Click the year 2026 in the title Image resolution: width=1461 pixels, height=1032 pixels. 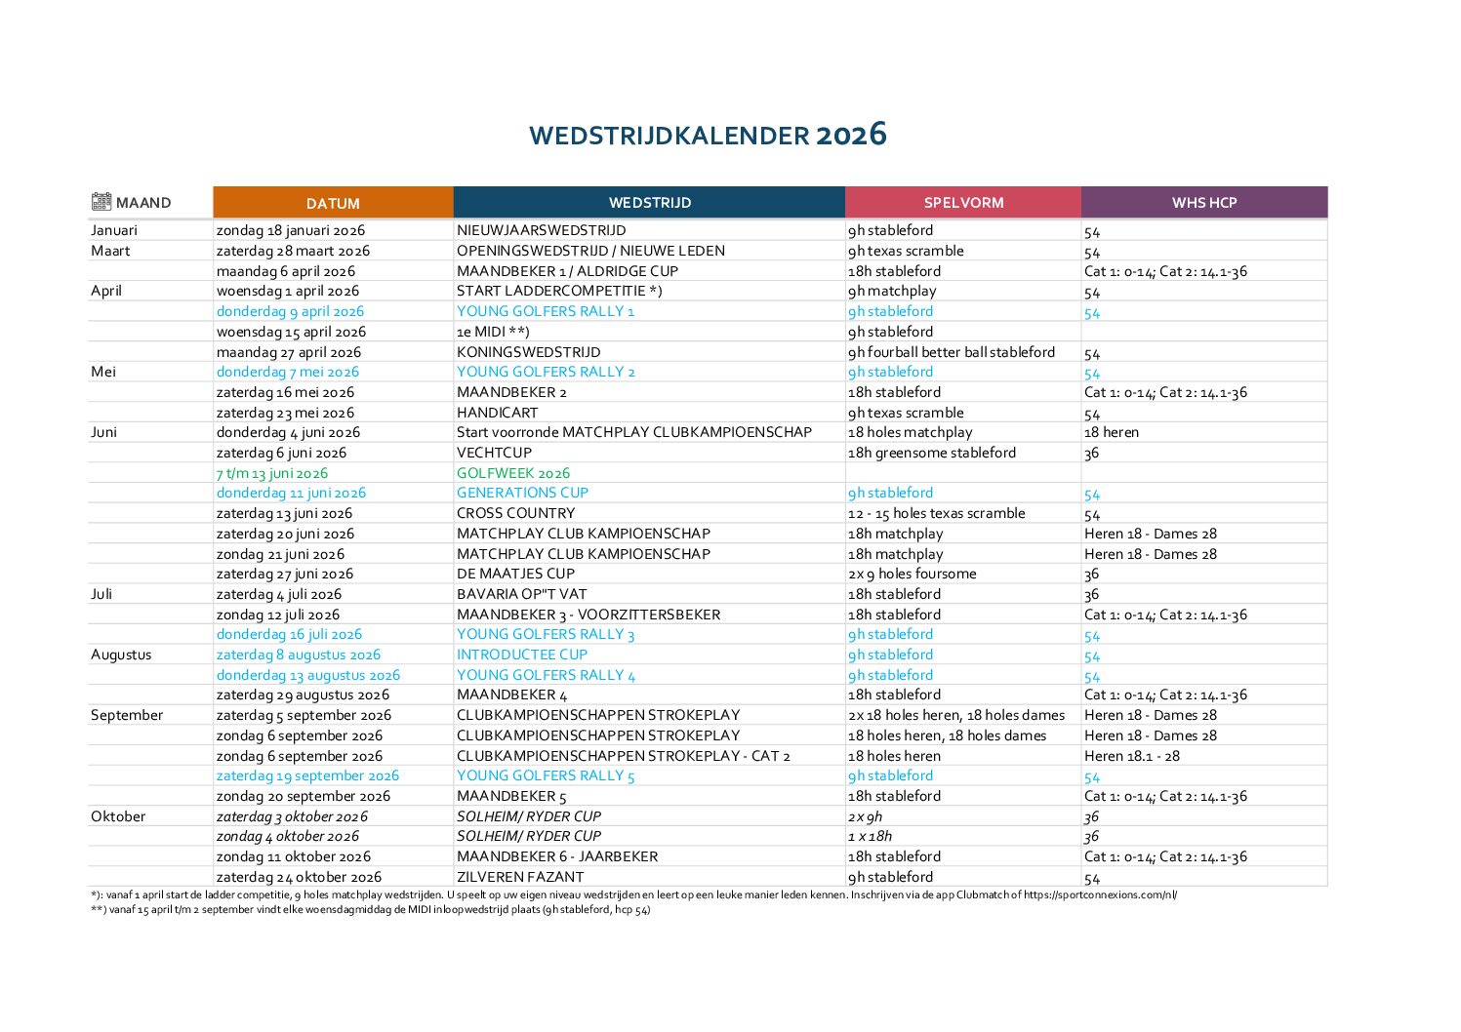[x=851, y=135]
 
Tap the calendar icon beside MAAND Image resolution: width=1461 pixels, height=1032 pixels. [x=101, y=202]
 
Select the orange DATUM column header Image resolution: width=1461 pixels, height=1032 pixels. [x=333, y=203]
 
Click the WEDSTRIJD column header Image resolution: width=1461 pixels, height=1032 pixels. [x=649, y=203]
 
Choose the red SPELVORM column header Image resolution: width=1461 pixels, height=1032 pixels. [x=963, y=203]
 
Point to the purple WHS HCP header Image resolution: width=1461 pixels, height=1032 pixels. [x=1204, y=203]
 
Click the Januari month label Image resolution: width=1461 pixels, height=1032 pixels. [x=114, y=230]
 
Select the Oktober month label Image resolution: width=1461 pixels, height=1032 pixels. [x=118, y=816]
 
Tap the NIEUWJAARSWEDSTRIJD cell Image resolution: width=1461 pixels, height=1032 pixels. [x=541, y=230]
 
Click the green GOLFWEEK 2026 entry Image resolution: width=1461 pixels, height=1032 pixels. [x=513, y=473]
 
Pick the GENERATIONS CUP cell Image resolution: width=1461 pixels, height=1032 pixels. [x=522, y=493]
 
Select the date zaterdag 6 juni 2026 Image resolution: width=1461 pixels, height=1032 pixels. [x=281, y=453]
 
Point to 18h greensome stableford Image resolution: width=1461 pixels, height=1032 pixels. [x=931, y=453]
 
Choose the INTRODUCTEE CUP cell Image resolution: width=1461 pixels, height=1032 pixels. [x=521, y=655]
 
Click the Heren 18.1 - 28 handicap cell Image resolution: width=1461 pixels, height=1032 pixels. [x=1131, y=756]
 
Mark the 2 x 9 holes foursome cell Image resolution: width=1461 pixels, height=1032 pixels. [x=912, y=574]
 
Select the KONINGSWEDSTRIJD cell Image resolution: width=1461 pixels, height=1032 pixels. [x=528, y=352]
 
